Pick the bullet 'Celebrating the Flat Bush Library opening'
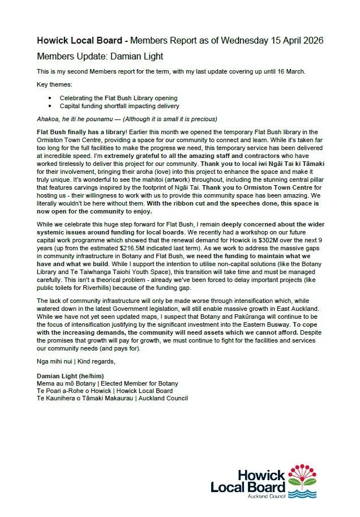click(118, 98)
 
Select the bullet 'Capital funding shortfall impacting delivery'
click(120, 105)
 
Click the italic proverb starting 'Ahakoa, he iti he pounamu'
click(127, 119)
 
